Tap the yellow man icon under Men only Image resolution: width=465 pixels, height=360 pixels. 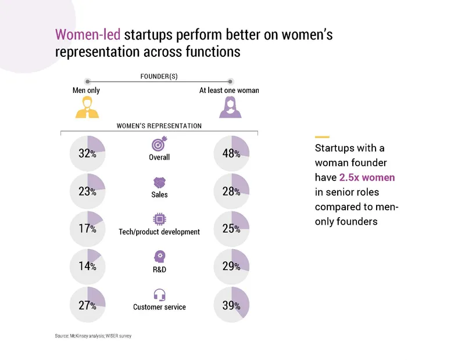87,107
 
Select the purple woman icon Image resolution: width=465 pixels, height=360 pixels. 230,107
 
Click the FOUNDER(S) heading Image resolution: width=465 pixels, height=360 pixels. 159,76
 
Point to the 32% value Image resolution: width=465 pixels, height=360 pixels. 87,153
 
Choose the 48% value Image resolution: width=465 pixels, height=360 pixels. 231,153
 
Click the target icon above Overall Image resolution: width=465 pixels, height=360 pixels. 159,145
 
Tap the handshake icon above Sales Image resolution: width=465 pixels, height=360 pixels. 159,182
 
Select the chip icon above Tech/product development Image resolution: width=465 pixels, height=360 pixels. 159,219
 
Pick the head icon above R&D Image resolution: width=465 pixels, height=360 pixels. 159,257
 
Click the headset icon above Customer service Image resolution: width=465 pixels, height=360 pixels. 159,294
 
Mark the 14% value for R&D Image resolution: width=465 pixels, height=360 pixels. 87,267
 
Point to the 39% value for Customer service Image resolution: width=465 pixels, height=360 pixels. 231,305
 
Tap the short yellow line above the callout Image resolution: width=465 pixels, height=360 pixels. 321,137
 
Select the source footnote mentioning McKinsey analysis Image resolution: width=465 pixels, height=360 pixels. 90,336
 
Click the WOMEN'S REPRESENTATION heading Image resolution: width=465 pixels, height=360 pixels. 159,125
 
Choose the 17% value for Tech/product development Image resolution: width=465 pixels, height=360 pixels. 87,229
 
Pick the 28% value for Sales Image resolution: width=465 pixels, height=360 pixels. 231,191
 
